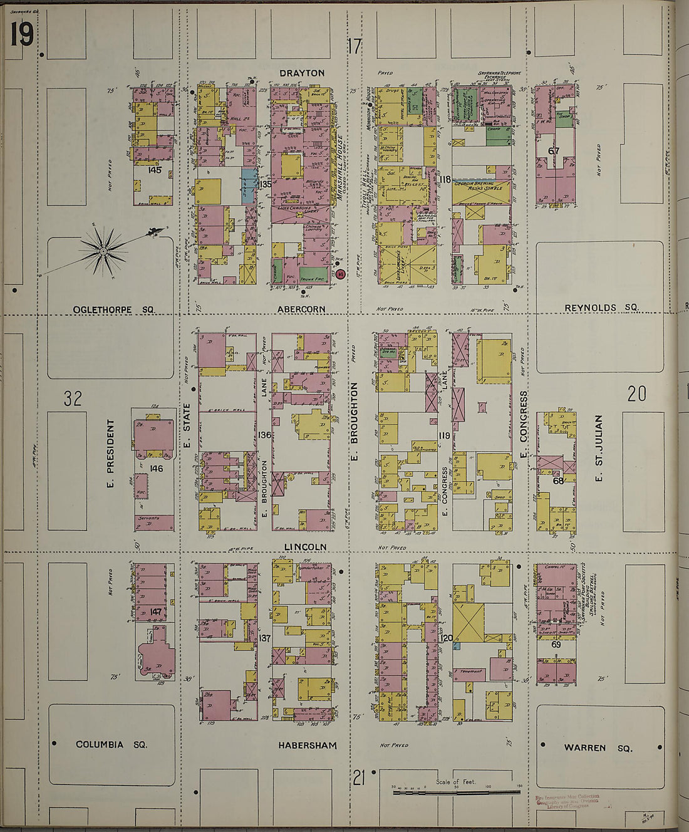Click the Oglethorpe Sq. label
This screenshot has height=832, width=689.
coord(113,309)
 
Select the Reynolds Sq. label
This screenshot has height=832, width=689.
coord(601,308)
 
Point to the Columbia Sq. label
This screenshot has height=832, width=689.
coord(111,744)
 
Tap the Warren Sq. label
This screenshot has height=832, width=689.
coord(598,747)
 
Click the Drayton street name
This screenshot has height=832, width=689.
coord(302,73)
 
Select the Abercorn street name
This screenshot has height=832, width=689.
coord(301,309)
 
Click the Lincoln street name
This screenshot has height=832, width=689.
coord(305,547)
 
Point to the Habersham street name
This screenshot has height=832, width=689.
coord(308,746)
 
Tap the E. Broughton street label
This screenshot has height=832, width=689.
coord(354,424)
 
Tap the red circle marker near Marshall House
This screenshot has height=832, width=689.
coord(340,274)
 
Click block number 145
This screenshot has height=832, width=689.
coord(154,170)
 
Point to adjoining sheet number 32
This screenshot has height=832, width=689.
coord(73,398)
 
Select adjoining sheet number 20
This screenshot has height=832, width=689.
coord(636,393)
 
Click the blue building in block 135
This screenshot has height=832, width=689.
coord(249,186)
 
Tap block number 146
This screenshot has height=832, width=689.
coord(155,468)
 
